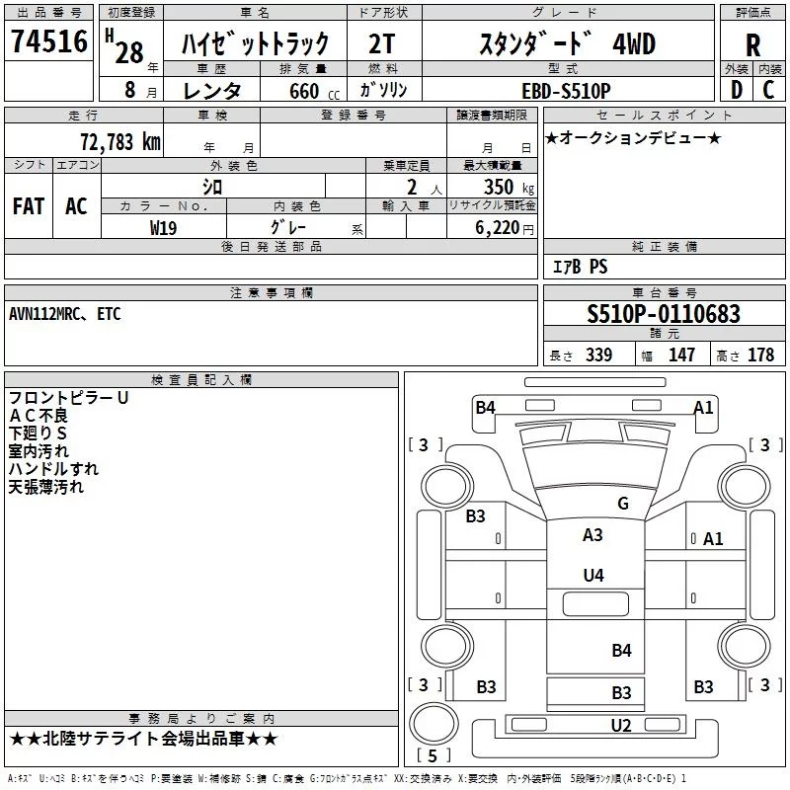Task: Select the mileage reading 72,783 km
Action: pyautogui.click(x=119, y=140)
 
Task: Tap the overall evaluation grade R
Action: pyautogui.click(x=752, y=44)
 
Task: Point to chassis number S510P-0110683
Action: pyautogui.click(x=663, y=315)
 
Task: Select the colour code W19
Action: pyautogui.click(x=164, y=227)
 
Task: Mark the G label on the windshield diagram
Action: pyautogui.click(x=622, y=504)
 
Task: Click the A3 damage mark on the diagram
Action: pyautogui.click(x=592, y=535)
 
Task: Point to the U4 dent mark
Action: pyautogui.click(x=592, y=575)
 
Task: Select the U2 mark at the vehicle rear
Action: pyautogui.click(x=621, y=726)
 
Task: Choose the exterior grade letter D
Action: pyautogui.click(x=736, y=90)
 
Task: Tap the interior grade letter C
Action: pyautogui.click(x=768, y=90)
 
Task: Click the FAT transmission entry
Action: pyautogui.click(x=29, y=205)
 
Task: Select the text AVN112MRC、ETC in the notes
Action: pyautogui.click(x=64, y=314)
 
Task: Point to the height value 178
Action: pyautogui.click(x=760, y=355)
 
